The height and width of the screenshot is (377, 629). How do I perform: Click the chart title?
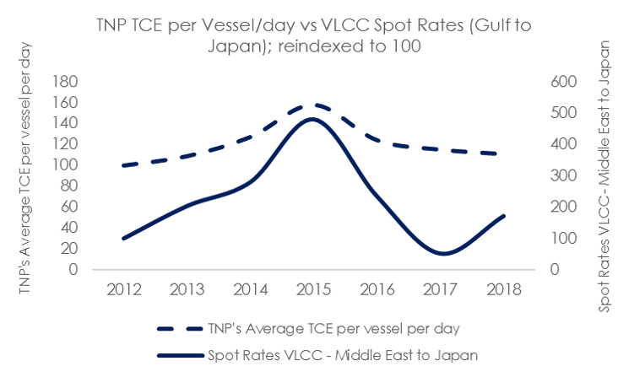[x=314, y=35]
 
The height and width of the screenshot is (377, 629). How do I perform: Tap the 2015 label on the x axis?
[x=314, y=289]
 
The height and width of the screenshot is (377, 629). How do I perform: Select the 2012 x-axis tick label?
[x=124, y=289]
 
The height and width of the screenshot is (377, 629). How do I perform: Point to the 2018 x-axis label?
[x=504, y=289]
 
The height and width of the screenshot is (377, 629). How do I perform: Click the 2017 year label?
[x=441, y=289]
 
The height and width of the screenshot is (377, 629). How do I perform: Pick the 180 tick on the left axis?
[x=65, y=82]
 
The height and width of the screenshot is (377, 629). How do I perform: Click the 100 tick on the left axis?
[x=65, y=164]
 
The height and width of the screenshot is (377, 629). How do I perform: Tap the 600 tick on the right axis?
[x=564, y=82]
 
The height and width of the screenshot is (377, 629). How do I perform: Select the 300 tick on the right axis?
[x=564, y=175]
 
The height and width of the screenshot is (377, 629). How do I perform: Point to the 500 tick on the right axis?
[x=564, y=112]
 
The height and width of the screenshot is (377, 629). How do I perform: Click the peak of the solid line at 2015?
[x=313, y=119]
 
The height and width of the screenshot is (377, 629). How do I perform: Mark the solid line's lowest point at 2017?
[x=442, y=253]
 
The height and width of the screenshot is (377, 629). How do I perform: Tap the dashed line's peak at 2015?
[x=315, y=105]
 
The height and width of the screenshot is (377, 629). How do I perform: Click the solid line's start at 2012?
[x=123, y=239]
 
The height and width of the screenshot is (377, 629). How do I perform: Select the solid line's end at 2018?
[x=504, y=217]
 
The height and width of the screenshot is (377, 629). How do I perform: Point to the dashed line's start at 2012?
[x=123, y=165]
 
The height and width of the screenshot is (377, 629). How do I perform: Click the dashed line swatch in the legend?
[x=180, y=329]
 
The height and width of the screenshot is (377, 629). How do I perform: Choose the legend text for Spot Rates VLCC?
[x=343, y=355]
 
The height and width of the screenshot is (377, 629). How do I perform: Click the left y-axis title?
[x=24, y=168]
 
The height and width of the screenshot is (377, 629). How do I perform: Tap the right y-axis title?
[x=605, y=176]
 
